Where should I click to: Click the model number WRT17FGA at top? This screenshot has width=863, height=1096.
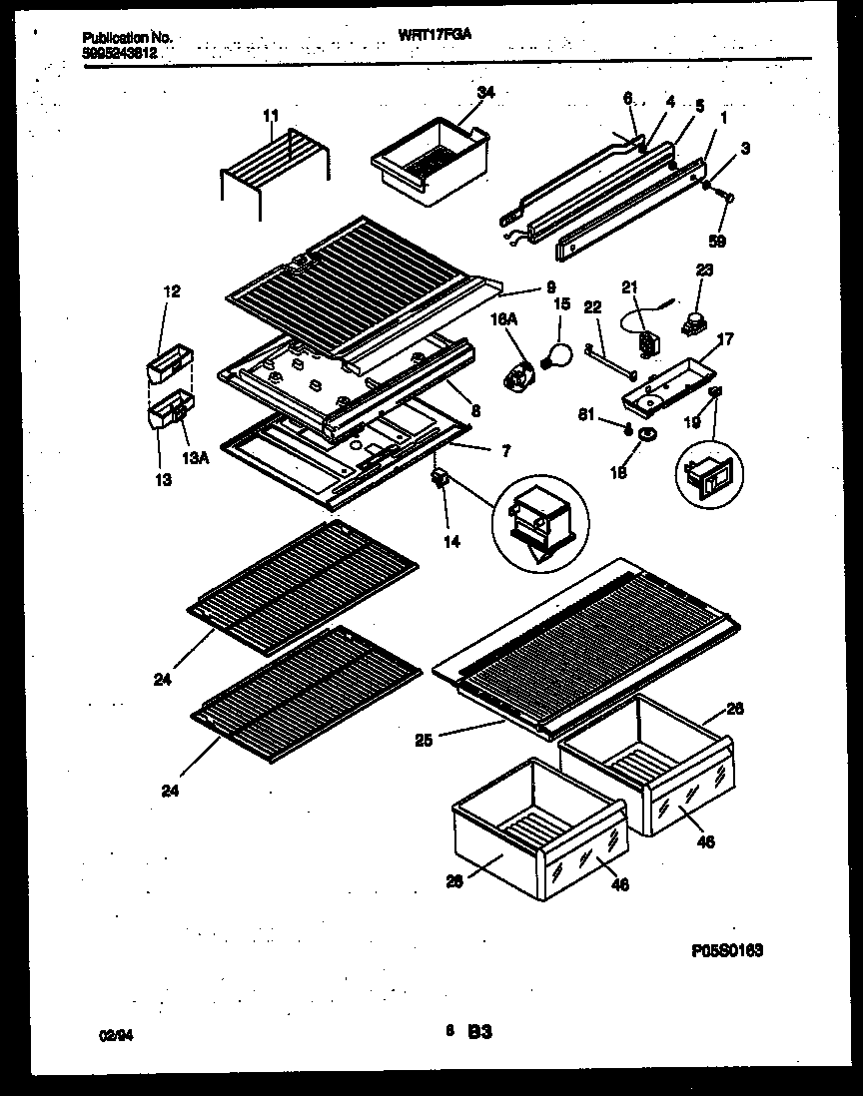(434, 33)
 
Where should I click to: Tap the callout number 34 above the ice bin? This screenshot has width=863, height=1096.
(485, 93)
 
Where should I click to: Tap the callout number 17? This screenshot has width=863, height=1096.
(725, 339)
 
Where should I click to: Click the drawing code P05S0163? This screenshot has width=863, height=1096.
(726, 951)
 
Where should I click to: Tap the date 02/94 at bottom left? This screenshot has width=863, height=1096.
(116, 1037)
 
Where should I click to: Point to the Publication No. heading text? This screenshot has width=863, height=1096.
(127, 37)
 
